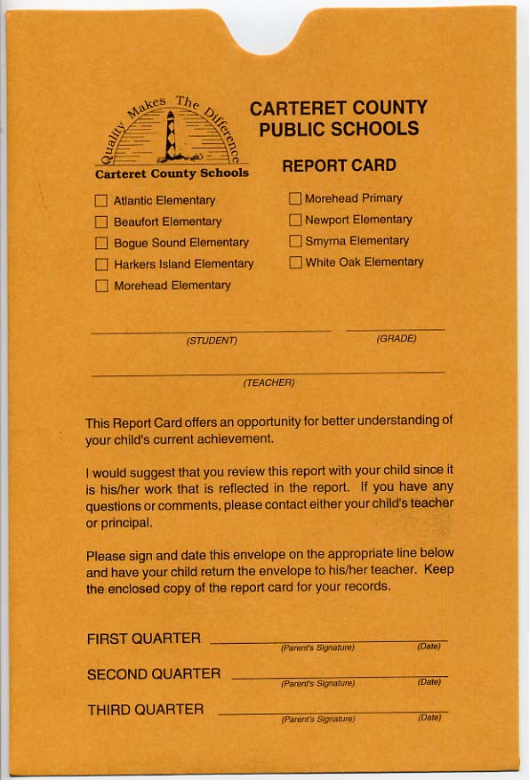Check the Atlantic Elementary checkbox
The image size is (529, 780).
pyautogui.click(x=101, y=201)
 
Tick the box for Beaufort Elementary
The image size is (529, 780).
pyautogui.click(x=101, y=221)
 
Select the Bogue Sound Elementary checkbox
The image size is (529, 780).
pyautogui.click(x=101, y=243)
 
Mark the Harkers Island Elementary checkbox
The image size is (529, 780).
pyautogui.click(x=101, y=264)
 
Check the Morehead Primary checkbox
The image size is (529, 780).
pyautogui.click(x=295, y=198)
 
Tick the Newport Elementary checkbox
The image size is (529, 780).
pyautogui.click(x=295, y=220)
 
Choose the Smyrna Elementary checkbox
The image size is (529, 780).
pyautogui.click(x=295, y=241)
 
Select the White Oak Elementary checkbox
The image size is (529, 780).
pyautogui.click(x=295, y=262)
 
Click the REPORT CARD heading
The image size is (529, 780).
pyautogui.click(x=339, y=165)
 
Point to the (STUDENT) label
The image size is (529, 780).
pyautogui.click(x=212, y=341)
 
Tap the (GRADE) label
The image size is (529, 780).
pyautogui.click(x=397, y=339)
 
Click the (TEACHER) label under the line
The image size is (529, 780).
pyautogui.click(x=269, y=382)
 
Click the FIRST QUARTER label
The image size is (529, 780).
pyautogui.click(x=143, y=639)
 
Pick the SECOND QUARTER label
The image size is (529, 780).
pyautogui.click(x=154, y=674)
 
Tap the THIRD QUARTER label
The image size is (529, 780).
pyautogui.click(x=145, y=710)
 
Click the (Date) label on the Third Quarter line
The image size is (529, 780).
pyautogui.click(x=429, y=717)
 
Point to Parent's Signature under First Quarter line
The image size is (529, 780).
pyautogui.click(x=317, y=647)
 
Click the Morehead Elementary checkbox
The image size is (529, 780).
pyautogui.click(x=101, y=285)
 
